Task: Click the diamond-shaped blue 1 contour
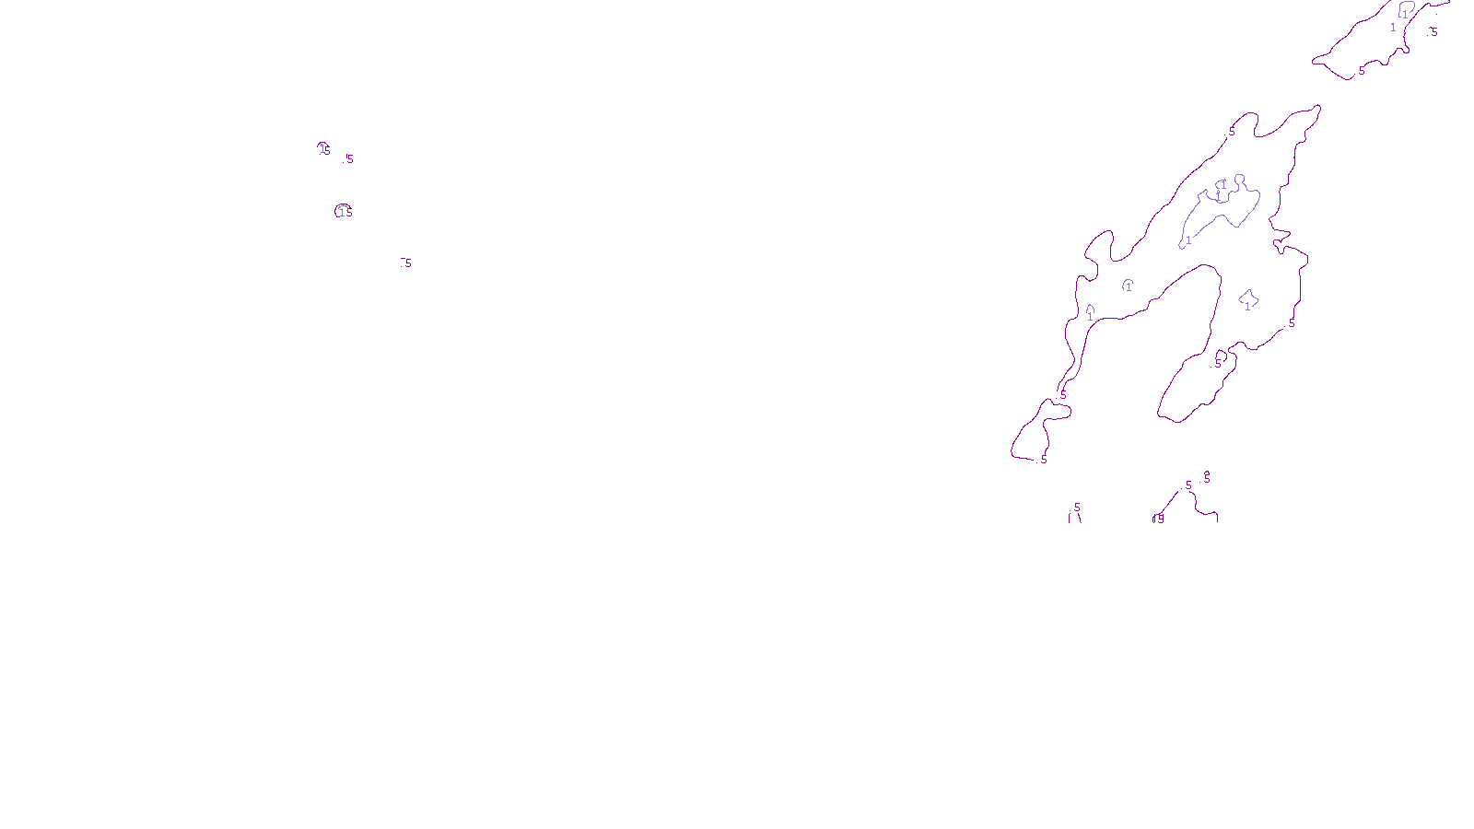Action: [1248, 298]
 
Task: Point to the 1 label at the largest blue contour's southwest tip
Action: [1188, 240]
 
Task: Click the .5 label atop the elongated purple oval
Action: [1216, 364]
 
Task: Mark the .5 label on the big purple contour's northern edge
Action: [1231, 132]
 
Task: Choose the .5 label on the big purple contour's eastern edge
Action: [1291, 323]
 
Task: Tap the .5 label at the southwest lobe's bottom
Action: [1043, 460]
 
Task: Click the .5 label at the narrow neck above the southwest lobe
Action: [1062, 394]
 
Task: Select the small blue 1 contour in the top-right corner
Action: [1406, 11]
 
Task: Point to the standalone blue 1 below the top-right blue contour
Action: [1393, 28]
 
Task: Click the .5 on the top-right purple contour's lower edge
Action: [1361, 71]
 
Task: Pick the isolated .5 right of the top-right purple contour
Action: [1433, 32]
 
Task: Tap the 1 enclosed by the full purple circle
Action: [342, 212]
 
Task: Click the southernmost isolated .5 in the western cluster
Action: [406, 263]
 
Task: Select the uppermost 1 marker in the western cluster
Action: [322, 148]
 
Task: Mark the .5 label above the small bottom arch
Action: [1076, 508]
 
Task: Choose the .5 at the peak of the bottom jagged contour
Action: [1187, 485]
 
